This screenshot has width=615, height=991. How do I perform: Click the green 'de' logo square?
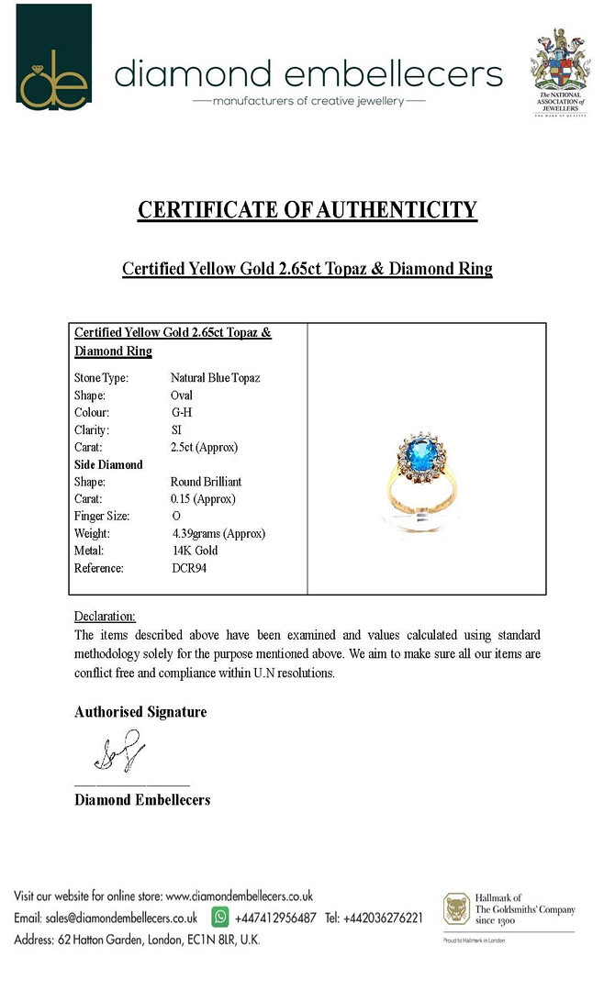pos(54,57)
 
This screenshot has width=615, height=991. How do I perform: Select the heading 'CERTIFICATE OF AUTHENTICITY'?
pos(307,210)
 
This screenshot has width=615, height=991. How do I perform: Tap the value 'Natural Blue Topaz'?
pos(215,377)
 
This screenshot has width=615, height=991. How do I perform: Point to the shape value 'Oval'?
pos(182,395)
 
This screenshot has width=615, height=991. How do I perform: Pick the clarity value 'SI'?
pos(176,429)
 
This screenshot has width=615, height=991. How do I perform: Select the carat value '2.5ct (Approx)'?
pos(204,447)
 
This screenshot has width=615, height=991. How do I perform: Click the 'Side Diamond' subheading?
pos(108,464)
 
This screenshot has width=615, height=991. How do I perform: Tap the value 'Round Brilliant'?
pos(206,482)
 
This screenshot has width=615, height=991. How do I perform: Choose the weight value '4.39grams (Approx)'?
pos(218,533)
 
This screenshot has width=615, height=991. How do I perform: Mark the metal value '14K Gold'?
pos(195,551)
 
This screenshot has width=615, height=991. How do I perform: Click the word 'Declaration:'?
pos(105,616)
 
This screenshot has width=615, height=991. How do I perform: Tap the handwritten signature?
pos(118,750)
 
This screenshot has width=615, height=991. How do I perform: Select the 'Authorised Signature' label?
pos(140,712)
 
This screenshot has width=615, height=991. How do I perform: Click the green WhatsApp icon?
pos(220,917)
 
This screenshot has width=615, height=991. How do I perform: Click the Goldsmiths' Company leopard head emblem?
pos(456,909)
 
